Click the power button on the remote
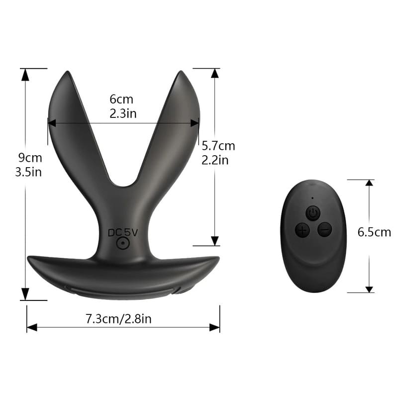tap(313, 213)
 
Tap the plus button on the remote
tap(302, 230)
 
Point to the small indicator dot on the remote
tap(312, 198)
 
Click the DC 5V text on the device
tap(123, 232)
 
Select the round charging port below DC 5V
tap(123, 243)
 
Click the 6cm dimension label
tap(121, 99)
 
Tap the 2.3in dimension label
tap(123, 113)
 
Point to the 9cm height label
tap(30, 158)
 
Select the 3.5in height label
tap(28, 172)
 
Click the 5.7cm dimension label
tap(218, 146)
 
